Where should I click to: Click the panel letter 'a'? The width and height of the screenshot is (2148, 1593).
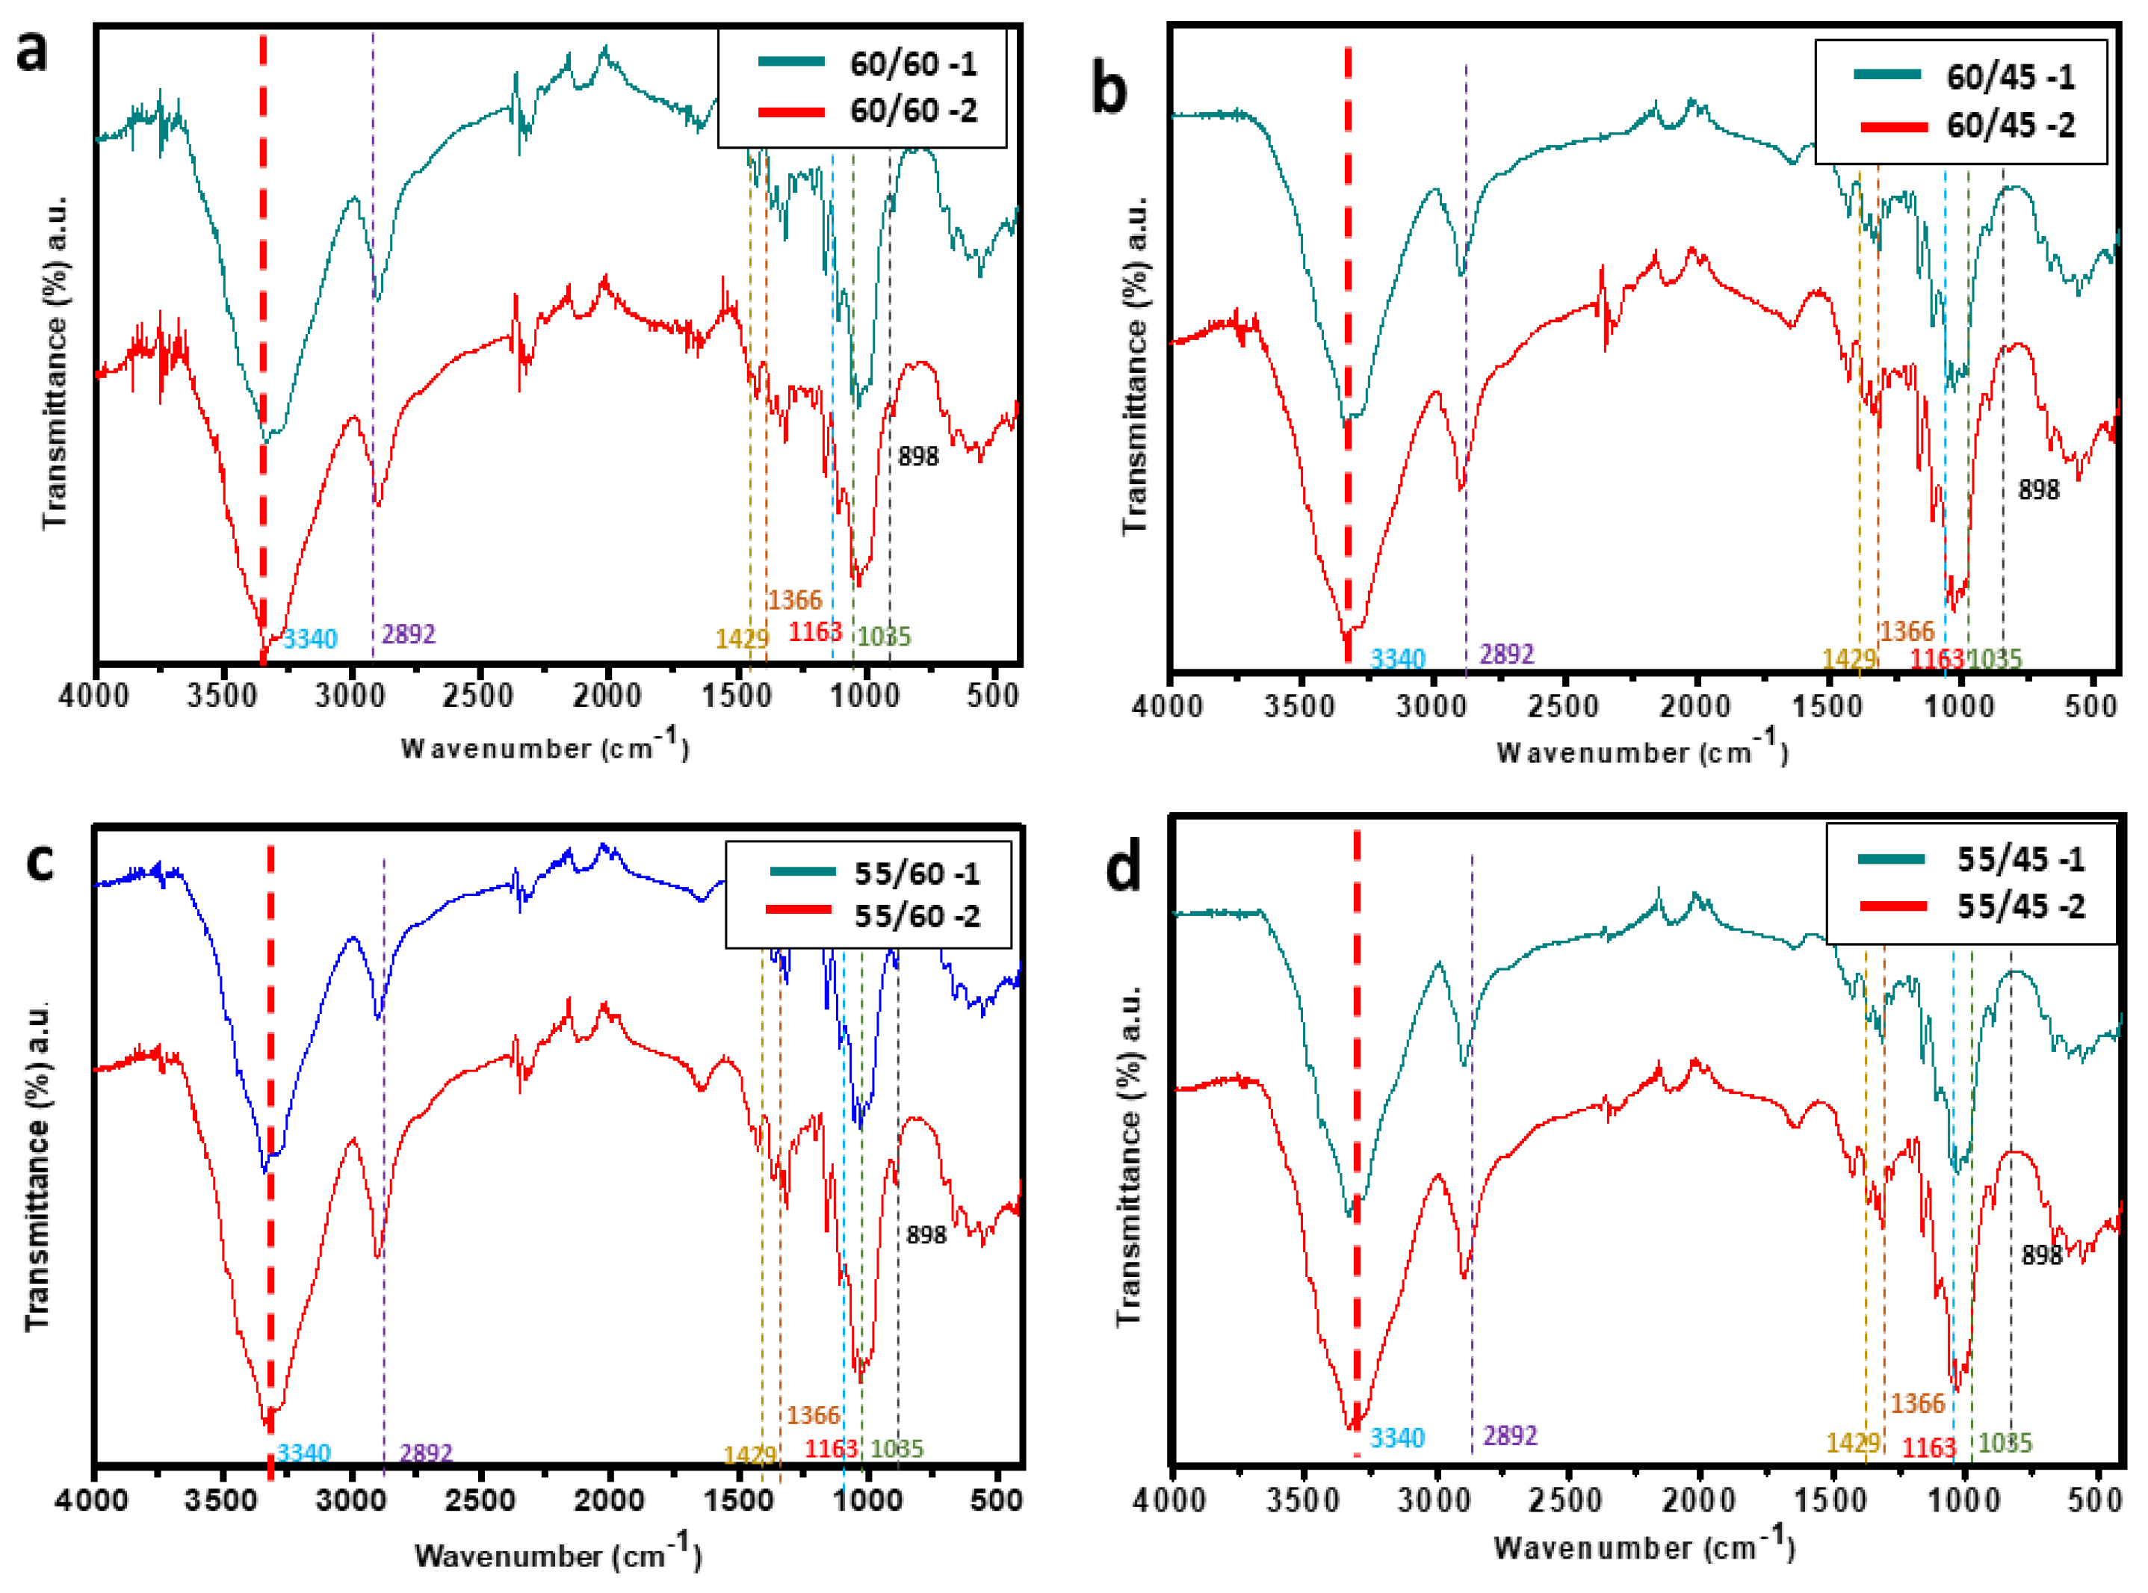tap(32, 50)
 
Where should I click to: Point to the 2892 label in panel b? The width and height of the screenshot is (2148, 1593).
tap(1507, 654)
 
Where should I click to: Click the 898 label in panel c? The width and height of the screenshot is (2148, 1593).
tap(926, 1234)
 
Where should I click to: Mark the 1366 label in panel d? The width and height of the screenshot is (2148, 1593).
tap(1916, 1403)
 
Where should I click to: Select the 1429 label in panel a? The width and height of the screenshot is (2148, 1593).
tap(741, 638)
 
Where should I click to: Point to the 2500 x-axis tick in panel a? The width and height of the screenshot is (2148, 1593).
tap(478, 694)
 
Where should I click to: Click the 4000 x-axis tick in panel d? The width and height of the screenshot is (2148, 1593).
tap(1171, 1503)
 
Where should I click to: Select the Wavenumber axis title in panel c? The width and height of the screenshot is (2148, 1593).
tap(557, 1554)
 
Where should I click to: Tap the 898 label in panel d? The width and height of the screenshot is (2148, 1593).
tap(2041, 1255)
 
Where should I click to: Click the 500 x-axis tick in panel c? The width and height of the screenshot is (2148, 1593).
tap(996, 1500)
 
